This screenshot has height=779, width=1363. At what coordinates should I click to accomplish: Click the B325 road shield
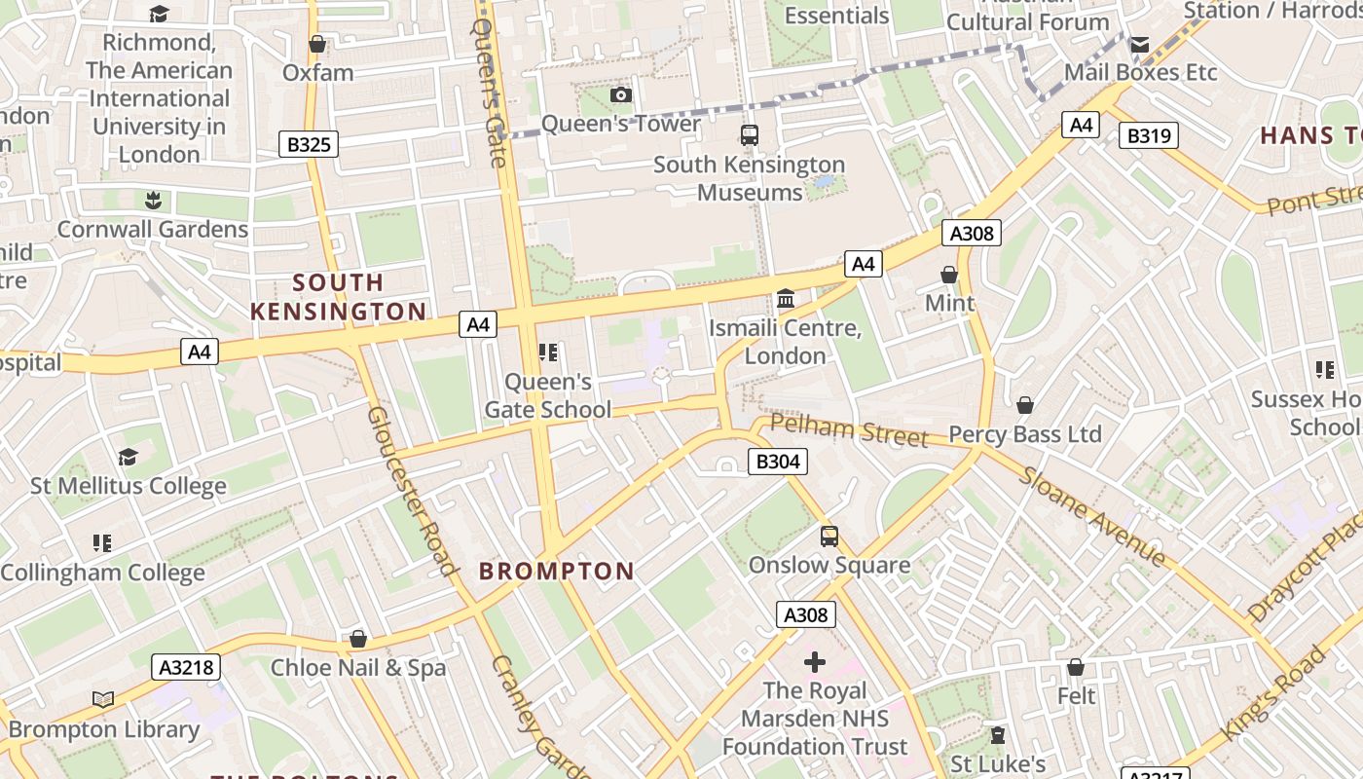(310, 145)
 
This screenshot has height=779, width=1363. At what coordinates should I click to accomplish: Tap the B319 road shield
(1148, 135)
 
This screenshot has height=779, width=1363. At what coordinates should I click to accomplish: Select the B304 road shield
(777, 462)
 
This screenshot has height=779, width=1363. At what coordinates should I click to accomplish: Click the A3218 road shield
(186, 667)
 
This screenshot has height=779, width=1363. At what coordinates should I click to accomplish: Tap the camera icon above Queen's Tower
(621, 94)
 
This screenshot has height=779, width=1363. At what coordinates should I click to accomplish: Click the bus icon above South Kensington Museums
(749, 135)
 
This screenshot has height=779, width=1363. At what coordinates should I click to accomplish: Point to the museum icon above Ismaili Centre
(786, 298)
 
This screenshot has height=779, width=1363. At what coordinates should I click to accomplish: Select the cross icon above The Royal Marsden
(815, 662)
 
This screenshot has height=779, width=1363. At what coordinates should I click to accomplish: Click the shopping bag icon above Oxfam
(317, 44)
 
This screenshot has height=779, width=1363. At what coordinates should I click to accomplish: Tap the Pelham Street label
(849, 430)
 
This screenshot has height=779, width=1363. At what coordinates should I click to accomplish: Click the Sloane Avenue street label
(1092, 517)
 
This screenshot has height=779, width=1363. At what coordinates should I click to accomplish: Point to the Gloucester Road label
(411, 491)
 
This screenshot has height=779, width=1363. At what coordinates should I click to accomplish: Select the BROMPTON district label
(556, 572)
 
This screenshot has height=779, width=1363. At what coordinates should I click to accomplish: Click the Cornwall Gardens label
(153, 230)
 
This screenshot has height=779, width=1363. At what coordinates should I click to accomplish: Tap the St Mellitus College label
(129, 485)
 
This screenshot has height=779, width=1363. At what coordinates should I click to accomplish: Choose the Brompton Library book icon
(103, 699)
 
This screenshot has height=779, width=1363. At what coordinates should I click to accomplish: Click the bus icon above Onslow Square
(829, 536)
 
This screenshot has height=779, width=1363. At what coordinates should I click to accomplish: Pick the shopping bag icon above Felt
(1076, 667)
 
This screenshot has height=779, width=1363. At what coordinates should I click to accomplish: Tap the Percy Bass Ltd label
(1025, 434)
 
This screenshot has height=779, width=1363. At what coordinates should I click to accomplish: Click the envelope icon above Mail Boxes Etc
(1139, 44)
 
